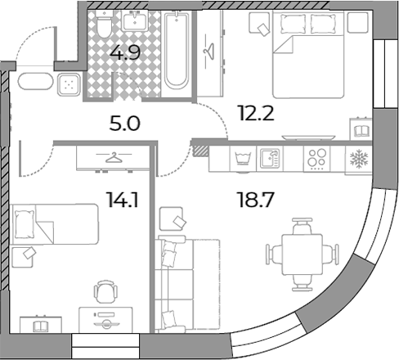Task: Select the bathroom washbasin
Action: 135,21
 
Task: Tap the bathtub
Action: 177,51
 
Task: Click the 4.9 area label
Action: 125,52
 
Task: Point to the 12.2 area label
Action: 256,114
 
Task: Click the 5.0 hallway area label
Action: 125,124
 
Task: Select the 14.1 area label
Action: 123,200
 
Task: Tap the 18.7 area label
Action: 255,200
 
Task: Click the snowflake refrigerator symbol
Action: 359,158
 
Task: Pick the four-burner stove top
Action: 316,159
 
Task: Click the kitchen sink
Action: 270,158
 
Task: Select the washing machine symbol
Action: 243,159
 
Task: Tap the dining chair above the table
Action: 302,226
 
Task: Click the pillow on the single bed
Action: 25,224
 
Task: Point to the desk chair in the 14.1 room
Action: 105,290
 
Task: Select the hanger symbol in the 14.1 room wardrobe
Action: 114,157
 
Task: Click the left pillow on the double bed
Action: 293,24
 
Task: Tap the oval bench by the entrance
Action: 35,81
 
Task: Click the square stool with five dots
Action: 69,85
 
